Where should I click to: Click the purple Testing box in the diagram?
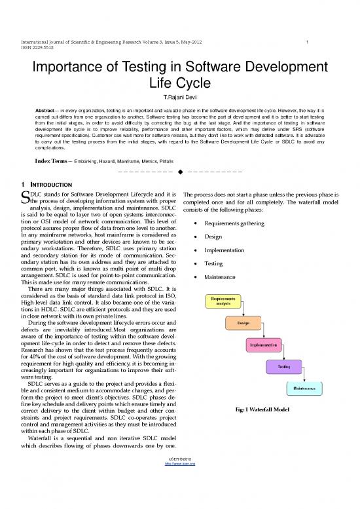(x=285, y=367)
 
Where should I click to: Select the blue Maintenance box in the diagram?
(x=304, y=388)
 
